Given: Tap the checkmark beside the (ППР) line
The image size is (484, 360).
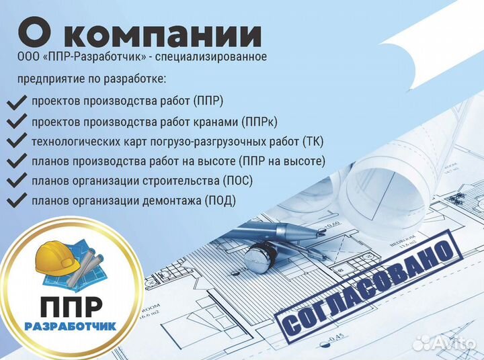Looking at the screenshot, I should point(15,103).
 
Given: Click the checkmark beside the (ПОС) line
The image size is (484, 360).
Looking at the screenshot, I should point(15,181).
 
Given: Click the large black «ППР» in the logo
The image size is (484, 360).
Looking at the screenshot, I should point(71,308).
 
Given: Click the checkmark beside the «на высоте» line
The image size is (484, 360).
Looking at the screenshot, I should point(15,162).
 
